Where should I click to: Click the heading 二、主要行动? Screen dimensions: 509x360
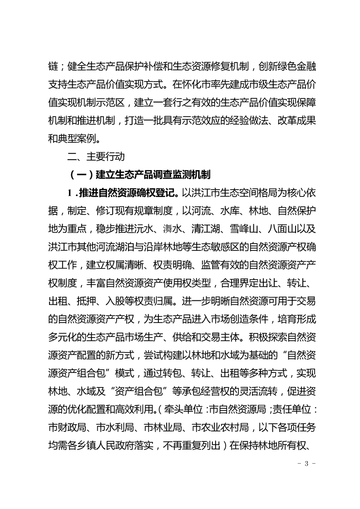point(95,157)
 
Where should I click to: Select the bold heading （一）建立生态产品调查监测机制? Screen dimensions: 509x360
point(138,175)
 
